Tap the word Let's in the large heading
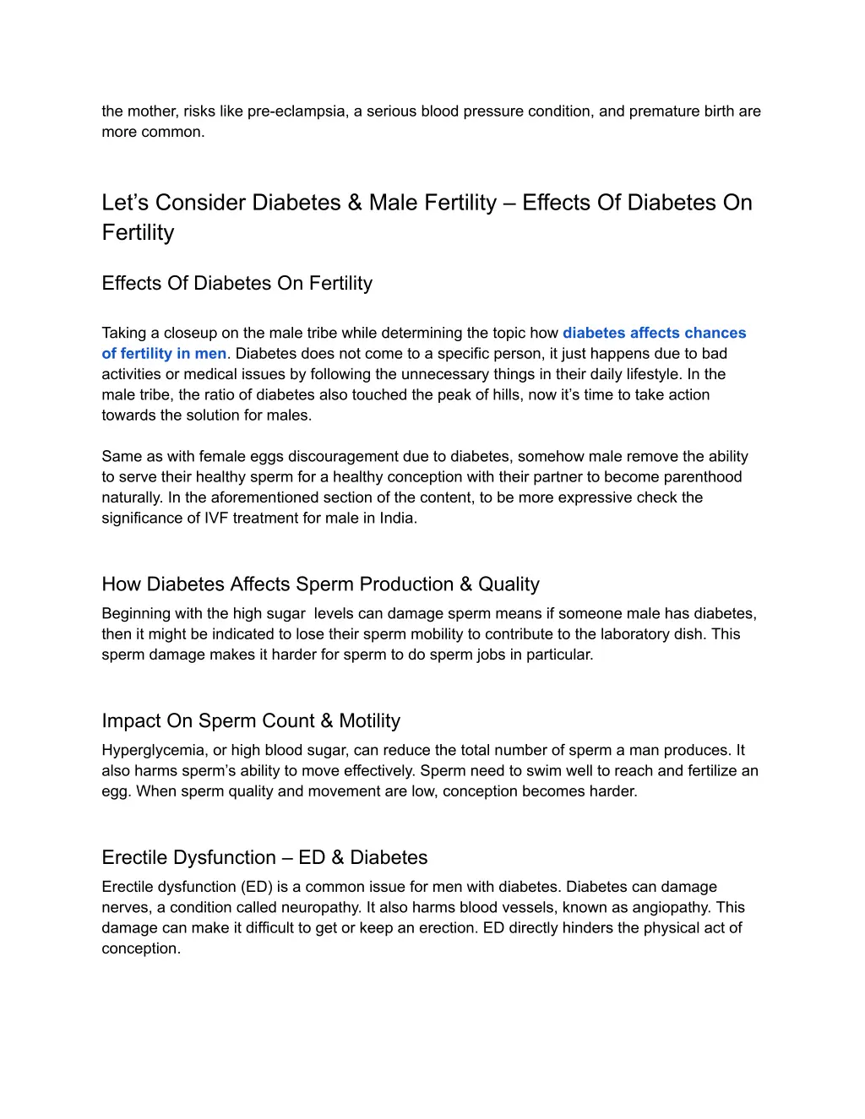pos(125,203)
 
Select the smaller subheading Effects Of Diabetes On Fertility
pos(237,284)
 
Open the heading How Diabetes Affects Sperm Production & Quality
pos(320,584)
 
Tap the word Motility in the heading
pos(370,721)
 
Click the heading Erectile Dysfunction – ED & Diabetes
pos(264,858)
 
